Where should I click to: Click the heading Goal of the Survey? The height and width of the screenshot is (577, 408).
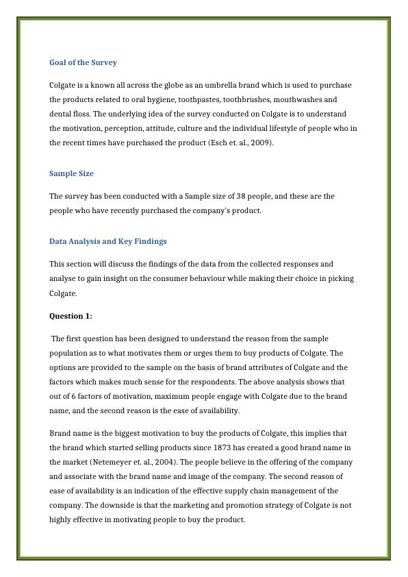click(83, 62)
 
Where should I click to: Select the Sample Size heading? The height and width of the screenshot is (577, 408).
click(71, 173)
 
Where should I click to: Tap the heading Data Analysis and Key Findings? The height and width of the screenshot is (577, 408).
click(107, 241)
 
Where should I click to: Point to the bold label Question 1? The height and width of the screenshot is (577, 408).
click(71, 316)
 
